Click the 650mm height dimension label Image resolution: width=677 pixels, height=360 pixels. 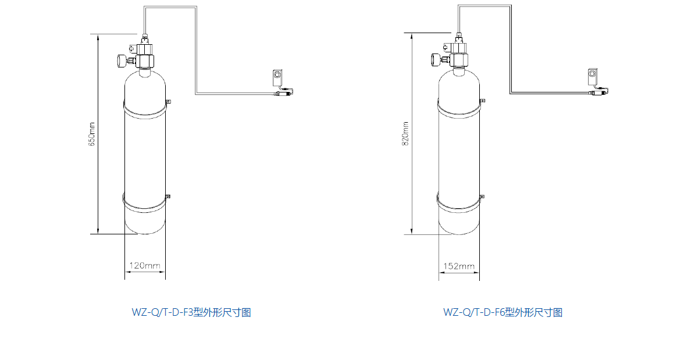click(91, 133)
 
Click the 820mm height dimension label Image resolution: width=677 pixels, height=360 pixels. click(405, 133)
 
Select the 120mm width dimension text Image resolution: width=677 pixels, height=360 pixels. click(144, 266)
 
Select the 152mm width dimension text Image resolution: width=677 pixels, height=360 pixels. click(459, 266)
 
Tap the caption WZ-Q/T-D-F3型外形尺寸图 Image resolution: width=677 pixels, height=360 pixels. click(191, 312)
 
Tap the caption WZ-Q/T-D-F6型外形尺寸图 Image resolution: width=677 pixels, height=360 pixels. click(503, 312)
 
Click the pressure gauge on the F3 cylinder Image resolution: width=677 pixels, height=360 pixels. click(120, 59)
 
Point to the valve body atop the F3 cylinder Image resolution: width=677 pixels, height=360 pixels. click(145, 57)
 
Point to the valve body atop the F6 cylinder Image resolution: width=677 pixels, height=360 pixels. click(459, 56)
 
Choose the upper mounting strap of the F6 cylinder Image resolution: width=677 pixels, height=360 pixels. click(459, 107)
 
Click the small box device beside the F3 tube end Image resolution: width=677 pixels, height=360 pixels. click(277, 76)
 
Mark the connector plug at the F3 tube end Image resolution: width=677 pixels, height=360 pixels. click(284, 92)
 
